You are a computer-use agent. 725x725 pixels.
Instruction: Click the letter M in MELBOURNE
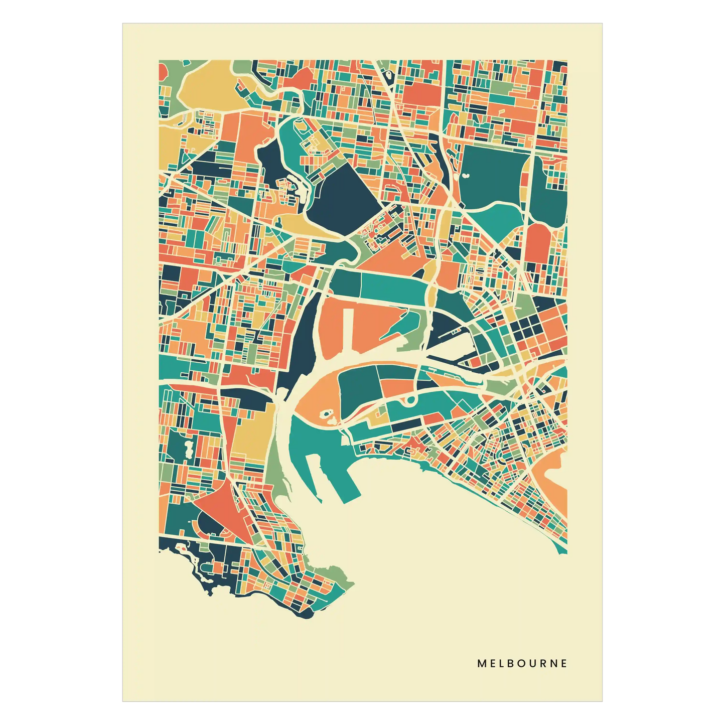481,663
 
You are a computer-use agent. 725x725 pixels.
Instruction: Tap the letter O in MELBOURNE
522,663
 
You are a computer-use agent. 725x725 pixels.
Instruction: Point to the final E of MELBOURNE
564,663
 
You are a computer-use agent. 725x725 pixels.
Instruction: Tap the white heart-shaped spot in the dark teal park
466,176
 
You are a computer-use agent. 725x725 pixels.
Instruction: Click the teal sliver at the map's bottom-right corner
563,549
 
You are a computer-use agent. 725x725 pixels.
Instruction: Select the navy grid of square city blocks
524,329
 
